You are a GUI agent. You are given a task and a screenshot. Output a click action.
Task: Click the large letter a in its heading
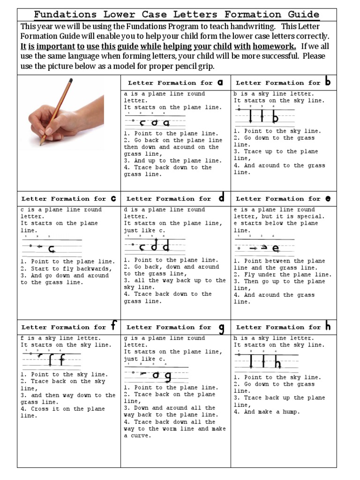pyautogui.click(x=220, y=82)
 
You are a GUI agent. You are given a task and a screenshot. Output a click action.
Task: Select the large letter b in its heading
pyautogui.click(x=328, y=82)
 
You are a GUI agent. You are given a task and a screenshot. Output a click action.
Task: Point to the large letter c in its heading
pyautogui.click(x=113, y=198)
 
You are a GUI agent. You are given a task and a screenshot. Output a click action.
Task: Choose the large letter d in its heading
pyautogui.click(x=221, y=198)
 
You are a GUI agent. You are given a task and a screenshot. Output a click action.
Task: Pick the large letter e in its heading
pyautogui.click(x=328, y=199)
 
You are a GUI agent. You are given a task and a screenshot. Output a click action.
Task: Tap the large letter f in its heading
pyautogui.click(x=113, y=326)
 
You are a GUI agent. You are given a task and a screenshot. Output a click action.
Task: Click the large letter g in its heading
pyautogui.click(x=221, y=328)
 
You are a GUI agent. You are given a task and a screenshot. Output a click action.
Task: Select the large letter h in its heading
pyautogui.click(x=328, y=326)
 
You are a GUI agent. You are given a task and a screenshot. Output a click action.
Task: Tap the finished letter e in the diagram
pyautogui.click(x=275, y=247)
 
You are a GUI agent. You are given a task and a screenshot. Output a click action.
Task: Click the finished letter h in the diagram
pyautogui.click(x=277, y=362)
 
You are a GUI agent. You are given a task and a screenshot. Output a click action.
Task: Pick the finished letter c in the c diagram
pyautogui.click(x=52, y=248)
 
